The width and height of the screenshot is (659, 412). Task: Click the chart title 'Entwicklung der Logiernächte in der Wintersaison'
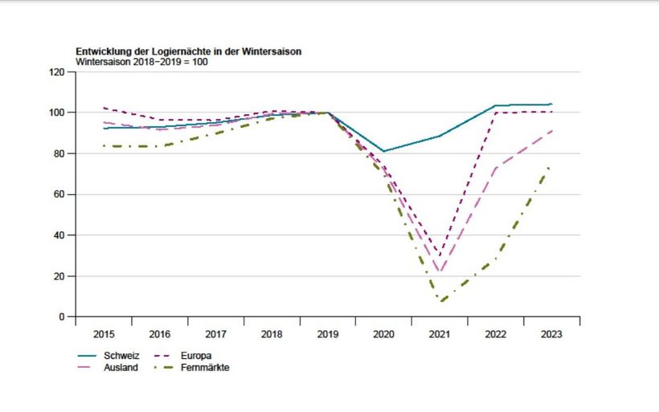point(189,51)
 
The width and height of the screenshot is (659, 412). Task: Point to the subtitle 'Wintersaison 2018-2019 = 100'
point(142,61)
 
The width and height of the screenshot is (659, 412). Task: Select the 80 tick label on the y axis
point(59,153)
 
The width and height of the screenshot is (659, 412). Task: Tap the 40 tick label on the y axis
point(59,235)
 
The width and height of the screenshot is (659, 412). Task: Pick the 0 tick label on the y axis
point(61,317)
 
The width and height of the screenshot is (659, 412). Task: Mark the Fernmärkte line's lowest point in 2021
point(440,301)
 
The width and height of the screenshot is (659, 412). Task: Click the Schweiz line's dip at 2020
point(383,151)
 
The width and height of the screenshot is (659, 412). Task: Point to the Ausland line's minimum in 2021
point(440,271)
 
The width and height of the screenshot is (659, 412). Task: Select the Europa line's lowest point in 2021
point(440,255)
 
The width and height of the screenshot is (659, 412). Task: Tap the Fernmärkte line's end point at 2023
point(551,166)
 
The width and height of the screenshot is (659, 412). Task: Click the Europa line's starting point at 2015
point(104,108)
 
